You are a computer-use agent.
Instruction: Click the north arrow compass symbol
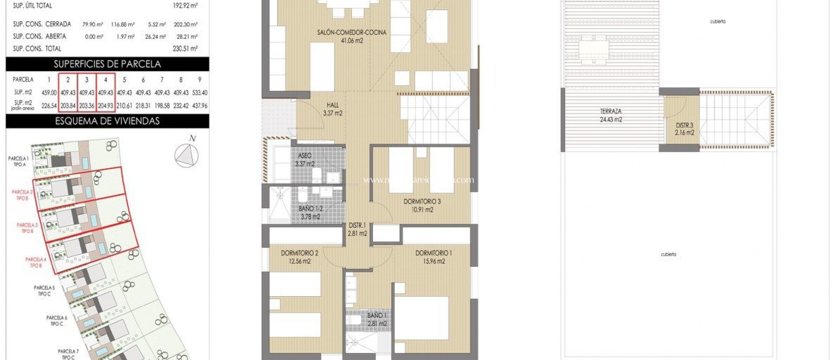click(187, 155)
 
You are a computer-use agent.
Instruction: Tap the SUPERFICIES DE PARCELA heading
click(107, 64)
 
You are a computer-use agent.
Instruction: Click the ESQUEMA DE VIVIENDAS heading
click(107, 121)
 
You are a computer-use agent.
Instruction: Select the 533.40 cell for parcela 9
click(200, 93)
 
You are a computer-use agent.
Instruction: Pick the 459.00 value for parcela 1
click(49, 93)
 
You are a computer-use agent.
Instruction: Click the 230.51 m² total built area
click(185, 49)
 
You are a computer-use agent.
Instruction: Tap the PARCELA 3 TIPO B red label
click(27, 228)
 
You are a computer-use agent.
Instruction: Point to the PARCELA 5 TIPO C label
click(44, 290)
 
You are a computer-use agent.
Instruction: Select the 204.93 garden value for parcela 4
click(106, 106)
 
